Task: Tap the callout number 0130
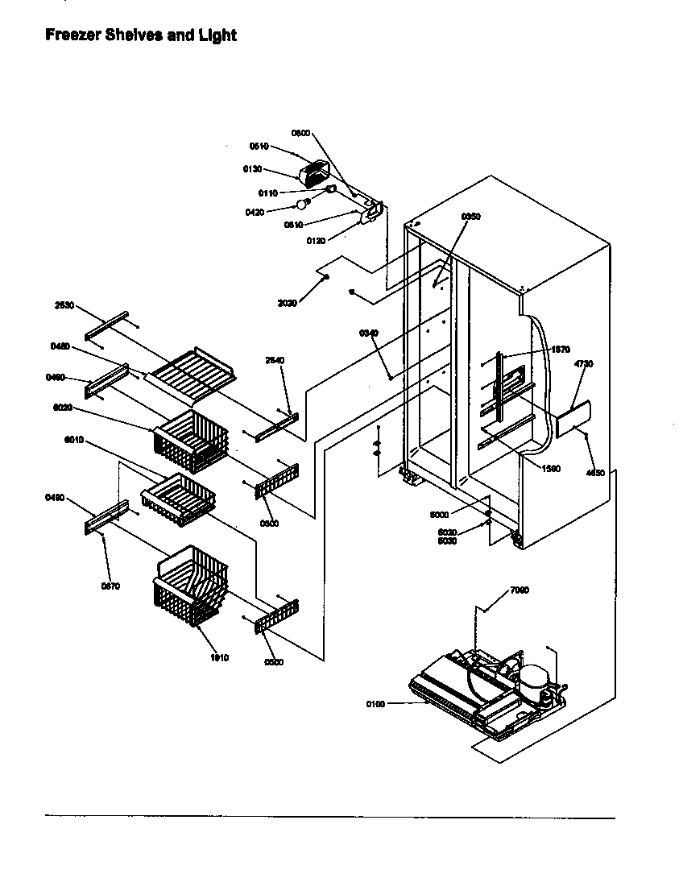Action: (253, 168)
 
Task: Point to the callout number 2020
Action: (288, 303)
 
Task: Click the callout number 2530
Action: (64, 306)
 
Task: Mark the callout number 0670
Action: (110, 586)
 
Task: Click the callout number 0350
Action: (470, 217)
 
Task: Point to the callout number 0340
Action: (369, 333)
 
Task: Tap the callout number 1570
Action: (561, 350)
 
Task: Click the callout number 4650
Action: (595, 473)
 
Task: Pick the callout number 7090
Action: (520, 591)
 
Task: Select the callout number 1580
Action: (552, 468)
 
